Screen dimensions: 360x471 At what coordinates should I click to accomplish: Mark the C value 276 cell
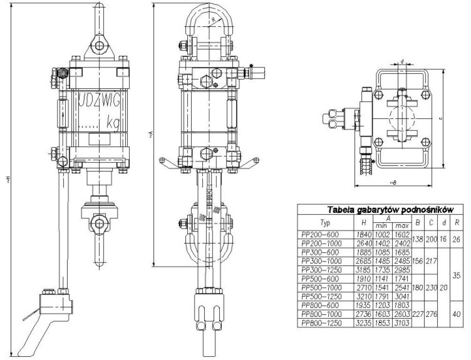431,314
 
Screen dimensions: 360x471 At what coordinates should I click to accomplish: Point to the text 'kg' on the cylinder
113,122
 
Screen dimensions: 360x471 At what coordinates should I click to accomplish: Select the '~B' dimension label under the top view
393,182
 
